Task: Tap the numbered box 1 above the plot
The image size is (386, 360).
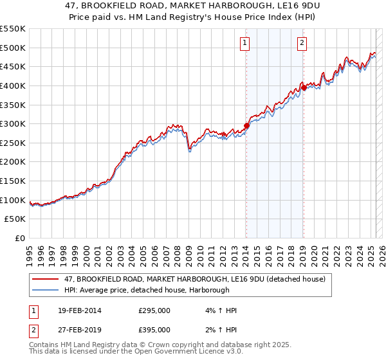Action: point(246,43)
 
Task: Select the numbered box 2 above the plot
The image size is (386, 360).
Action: point(302,43)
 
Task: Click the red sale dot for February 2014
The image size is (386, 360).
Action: point(246,126)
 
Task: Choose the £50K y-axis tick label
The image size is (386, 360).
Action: point(15,219)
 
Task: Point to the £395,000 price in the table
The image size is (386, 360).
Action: point(154,330)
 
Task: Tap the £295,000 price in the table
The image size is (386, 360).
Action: point(154,310)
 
